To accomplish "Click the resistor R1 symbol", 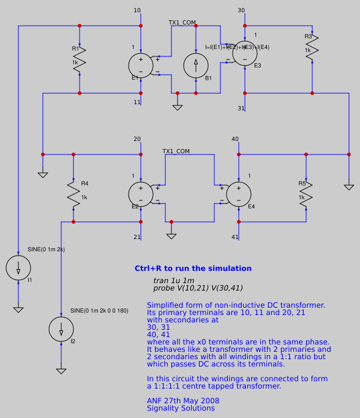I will pyautogui.click(x=80, y=59).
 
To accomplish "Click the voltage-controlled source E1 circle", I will pyautogui.click(x=141, y=66).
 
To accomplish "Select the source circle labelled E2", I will pyautogui.click(x=141, y=194).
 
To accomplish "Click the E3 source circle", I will pyautogui.click(x=245, y=53).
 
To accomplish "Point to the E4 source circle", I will pyautogui.click(x=239, y=194).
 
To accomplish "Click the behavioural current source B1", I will pyautogui.click(x=196, y=66).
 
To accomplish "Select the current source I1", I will pyautogui.click(x=18, y=268).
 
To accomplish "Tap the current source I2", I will pyautogui.click(x=61, y=329).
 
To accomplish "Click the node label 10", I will pyautogui.click(x=137, y=10).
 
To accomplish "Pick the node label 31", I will pyautogui.click(x=241, y=108).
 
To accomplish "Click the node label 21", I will pyautogui.click(x=137, y=237).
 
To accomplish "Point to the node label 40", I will pyautogui.click(x=235, y=139).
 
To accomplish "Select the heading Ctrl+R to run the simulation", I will pyautogui.click(x=193, y=268).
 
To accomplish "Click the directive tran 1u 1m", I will pyautogui.click(x=174, y=280).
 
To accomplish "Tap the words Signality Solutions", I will pyautogui.click(x=181, y=408).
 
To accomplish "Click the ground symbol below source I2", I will pyautogui.click(x=61, y=370).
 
